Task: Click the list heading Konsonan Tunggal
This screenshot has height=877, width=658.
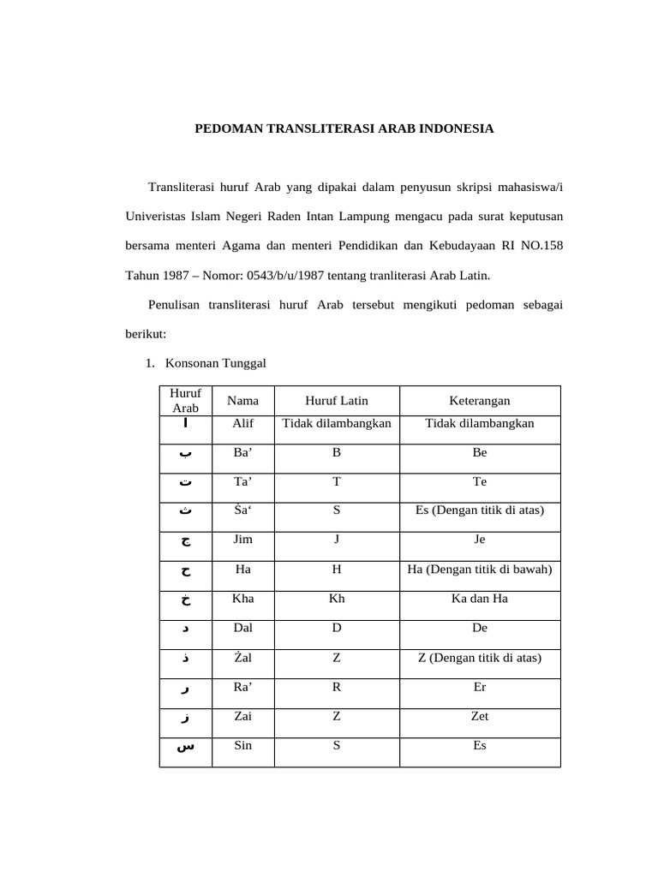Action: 216,363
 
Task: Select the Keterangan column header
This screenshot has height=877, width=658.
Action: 480,401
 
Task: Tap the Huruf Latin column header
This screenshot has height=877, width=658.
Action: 337,401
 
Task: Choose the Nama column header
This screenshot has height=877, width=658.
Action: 242,401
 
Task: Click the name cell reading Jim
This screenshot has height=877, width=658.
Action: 242,540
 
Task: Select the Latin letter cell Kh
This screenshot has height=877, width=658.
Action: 337,599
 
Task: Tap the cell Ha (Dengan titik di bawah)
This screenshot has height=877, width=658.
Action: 480,569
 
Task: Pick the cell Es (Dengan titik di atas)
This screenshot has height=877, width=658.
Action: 480,510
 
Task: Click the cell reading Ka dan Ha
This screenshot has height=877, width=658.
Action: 480,599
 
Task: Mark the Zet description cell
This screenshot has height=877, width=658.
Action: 480,716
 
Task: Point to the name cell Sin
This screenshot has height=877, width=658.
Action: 242,745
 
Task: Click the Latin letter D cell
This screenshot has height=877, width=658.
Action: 337,628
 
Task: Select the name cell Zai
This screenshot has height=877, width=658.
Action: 242,716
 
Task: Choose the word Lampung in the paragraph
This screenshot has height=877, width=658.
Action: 400,217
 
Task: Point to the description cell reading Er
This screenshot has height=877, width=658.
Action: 480,687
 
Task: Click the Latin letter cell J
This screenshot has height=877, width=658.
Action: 337,540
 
